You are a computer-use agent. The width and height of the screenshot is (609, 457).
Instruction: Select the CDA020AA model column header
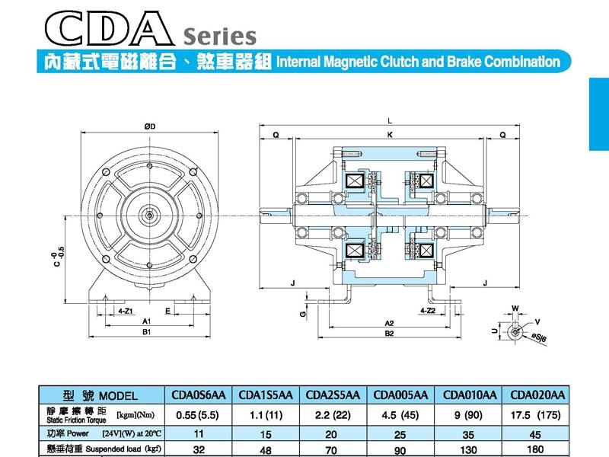[x=538, y=395]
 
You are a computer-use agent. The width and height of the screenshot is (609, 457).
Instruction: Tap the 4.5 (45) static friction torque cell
[x=403, y=416]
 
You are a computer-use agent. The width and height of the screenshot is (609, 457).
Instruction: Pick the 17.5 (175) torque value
[x=538, y=416]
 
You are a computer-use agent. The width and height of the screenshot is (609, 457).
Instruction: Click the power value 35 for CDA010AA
[x=470, y=434]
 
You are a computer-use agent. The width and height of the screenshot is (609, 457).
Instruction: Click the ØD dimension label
[x=149, y=126]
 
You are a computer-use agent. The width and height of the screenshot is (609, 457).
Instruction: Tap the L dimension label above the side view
[x=390, y=121]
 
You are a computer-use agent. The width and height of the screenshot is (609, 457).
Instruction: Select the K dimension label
[x=390, y=135]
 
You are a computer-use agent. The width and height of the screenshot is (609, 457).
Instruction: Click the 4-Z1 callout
[x=127, y=311]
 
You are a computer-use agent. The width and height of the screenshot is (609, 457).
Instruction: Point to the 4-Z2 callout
[x=428, y=311]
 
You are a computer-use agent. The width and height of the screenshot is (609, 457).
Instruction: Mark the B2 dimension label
[x=389, y=333]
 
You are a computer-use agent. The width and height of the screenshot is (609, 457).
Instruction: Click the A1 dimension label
[x=147, y=322]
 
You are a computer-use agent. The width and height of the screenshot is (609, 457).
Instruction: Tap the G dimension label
[x=302, y=312]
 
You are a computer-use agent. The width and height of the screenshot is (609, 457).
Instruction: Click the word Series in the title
[x=218, y=36]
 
